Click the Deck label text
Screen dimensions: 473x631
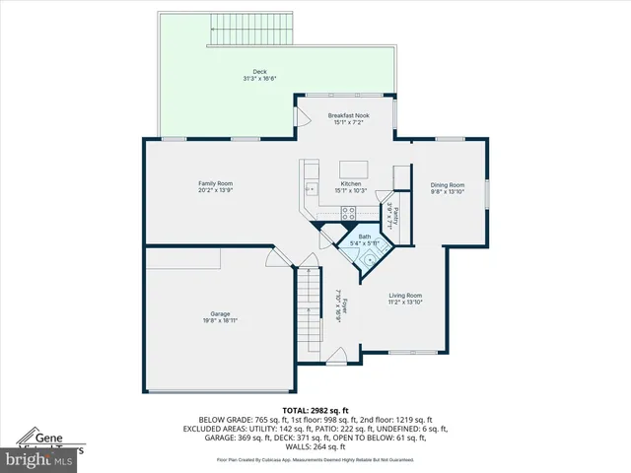(259, 71)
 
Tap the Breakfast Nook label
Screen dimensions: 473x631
(347, 115)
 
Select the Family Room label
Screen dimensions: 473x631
(216, 183)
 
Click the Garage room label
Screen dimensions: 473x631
(220, 313)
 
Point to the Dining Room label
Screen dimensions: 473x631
(447, 184)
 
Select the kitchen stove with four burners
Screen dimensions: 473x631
(349, 213)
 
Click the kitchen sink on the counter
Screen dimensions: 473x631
(311, 188)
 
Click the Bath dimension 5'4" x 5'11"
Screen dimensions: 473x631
(364, 242)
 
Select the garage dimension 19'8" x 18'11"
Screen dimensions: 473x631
(220, 320)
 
